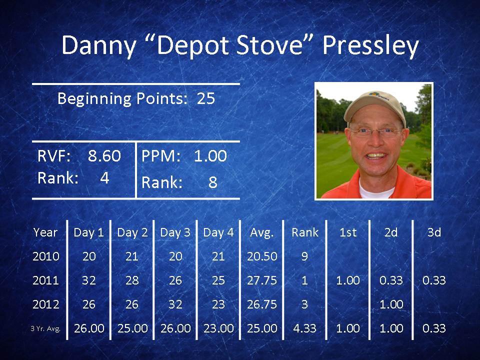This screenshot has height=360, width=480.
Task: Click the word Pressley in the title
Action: (370, 46)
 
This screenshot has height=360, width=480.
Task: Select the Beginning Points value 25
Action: (205, 98)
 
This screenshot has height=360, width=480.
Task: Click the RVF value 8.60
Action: (104, 156)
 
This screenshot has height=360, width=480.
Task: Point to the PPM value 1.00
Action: (210, 156)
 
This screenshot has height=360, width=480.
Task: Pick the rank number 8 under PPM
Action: (213, 182)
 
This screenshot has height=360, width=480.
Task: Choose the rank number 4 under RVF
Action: (104, 177)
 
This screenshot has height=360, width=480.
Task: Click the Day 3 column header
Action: (175, 232)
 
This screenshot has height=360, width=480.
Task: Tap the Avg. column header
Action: (261, 233)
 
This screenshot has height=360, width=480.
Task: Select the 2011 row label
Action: (45, 280)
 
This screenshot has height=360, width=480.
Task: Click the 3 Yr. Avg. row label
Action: (45, 329)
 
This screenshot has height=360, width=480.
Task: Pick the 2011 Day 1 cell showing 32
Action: (89, 280)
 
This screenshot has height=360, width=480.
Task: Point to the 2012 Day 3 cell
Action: (175, 304)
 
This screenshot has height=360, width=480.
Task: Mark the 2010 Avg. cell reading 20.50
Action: (262, 256)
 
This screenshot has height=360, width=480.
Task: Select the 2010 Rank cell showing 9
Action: (304, 256)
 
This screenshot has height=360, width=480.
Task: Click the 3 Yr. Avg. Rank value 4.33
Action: (304, 328)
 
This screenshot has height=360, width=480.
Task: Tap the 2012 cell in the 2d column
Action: (391, 304)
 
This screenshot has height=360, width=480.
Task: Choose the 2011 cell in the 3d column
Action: (434, 280)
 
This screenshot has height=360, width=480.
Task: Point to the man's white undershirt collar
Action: (376, 190)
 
